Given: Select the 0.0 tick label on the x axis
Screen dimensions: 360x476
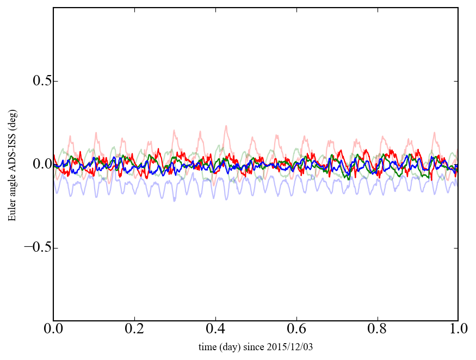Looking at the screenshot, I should click(53, 330).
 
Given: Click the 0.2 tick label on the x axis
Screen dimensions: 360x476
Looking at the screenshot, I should click(134, 330).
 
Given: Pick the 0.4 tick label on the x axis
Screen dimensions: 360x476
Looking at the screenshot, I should click(215, 330).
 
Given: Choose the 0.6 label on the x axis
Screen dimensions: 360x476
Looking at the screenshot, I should click(296, 330).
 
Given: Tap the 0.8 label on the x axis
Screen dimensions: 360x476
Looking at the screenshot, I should click(377, 330).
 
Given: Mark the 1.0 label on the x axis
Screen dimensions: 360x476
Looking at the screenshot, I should click(458, 330).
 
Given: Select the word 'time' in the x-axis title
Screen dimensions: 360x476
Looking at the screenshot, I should click(207, 346).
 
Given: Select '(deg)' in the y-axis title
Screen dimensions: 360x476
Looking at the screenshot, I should click(12, 119).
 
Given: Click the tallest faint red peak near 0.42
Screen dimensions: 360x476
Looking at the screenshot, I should click(226, 126).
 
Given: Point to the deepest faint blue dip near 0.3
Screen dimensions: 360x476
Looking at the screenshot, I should click(175, 201).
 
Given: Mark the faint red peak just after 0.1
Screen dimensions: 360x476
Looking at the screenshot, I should click(96, 132).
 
